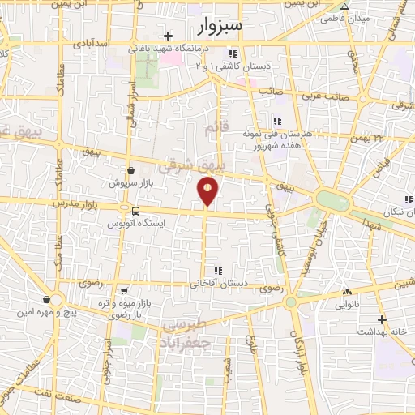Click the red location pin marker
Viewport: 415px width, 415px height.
pyautogui.click(x=208, y=191)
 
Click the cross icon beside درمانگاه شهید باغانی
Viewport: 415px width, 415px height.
pyautogui.click(x=168, y=36)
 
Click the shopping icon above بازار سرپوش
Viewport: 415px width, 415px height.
pyautogui.click(x=131, y=171)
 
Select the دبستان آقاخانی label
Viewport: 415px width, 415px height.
pyautogui.click(x=217, y=284)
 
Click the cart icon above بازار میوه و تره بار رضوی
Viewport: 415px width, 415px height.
pyautogui.click(x=122, y=290)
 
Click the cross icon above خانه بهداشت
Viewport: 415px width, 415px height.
pyautogui.click(x=381, y=321)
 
